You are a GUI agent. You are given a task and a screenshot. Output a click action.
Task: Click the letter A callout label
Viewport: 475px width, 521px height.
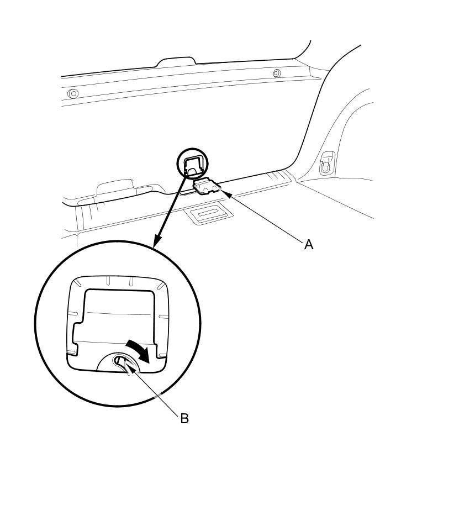pos(309,244)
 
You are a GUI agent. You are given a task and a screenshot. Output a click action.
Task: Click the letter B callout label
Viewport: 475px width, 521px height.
pos(184,418)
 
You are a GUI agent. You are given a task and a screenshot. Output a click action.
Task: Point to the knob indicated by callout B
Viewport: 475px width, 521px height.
pos(122,363)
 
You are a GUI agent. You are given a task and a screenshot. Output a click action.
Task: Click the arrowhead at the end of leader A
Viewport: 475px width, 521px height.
pos(226,193)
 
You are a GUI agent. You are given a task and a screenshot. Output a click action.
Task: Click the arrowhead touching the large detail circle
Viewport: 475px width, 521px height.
pos(156,241)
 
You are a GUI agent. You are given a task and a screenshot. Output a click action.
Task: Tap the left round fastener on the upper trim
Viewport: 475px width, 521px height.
pos(73,93)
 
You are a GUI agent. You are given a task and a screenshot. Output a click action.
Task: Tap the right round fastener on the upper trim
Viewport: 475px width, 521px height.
pos(277,73)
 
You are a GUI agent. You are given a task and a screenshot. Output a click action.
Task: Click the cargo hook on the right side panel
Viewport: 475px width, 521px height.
pos(327,162)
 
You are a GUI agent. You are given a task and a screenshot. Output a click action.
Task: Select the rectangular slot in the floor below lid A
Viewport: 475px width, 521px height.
pos(208,214)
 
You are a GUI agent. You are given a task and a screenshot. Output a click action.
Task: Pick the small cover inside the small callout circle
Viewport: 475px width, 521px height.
pos(193,164)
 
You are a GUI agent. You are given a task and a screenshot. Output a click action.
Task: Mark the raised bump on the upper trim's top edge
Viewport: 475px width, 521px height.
pos(176,60)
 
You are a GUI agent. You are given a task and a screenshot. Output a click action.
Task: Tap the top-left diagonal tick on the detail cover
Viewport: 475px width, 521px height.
pos(77,282)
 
